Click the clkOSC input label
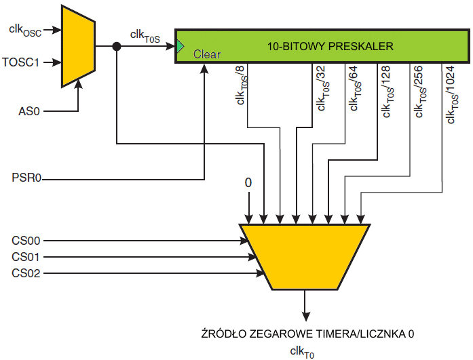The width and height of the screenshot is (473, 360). pyautogui.click(x=25, y=29)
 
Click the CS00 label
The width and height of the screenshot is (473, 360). pyautogui.click(x=26, y=240)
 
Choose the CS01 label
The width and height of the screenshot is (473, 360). pyautogui.click(x=26, y=257)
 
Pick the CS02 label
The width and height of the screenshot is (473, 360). pyautogui.click(x=26, y=273)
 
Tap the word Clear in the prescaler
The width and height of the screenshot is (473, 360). pyautogui.click(x=207, y=54)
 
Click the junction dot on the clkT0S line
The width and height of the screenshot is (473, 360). pyautogui.click(x=117, y=46)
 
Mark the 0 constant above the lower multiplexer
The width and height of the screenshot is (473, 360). pyautogui.click(x=248, y=183)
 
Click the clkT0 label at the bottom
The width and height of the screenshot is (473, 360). pyautogui.click(x=302, y=351)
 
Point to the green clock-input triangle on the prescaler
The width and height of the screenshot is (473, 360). pyautogui.click(x=180, y=46)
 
